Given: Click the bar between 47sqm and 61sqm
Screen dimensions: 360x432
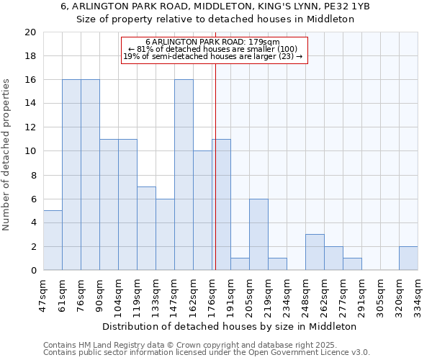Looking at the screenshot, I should pyautogui.click(x=53, y=240).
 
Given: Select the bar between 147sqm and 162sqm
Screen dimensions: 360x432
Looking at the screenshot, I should pyautogui.click(x=184, y=175).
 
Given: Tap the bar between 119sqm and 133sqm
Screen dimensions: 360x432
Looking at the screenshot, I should pyautogui.click(x=146, y=228).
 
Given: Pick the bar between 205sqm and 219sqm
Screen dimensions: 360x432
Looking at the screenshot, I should pyautogui.click(x=258, y=235).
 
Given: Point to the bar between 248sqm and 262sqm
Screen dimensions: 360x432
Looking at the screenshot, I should pyautogui.click(x=315, y=252).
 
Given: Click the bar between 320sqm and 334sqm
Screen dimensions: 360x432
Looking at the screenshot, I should pyautogui.click(x=408, y=258).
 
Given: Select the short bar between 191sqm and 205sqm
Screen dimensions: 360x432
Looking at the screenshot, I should pyautogui.click(x=240, y=264).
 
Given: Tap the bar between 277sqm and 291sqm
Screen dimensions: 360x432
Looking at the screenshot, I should pyautogui.click(x=352, y=264).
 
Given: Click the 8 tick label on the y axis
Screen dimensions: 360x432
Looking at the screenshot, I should pyautogui.click(x=32, y=175).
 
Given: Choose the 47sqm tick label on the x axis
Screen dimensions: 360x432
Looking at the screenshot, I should pyautogui.click(x=43, y=294).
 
